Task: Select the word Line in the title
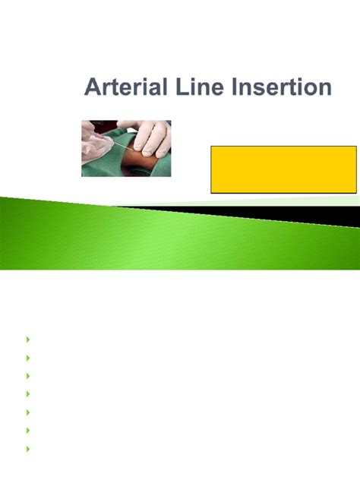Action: [x=200, y=87]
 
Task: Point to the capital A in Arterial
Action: [x=93, y=87]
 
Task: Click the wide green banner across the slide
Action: [x=152, y=235]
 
